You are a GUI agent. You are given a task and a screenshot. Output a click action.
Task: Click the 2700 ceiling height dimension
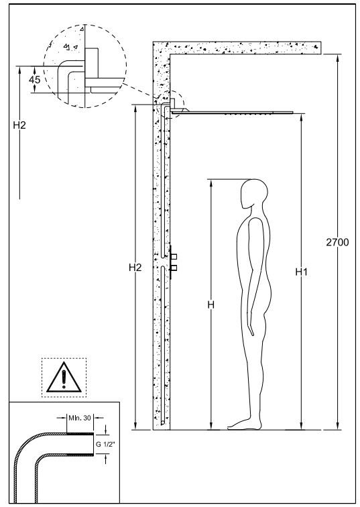pyautogui.click(x=337, y=242)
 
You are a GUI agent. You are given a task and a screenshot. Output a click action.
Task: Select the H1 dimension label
pyautogui.click(x=301, y=272)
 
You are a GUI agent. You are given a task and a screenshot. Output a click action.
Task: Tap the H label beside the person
pyautogui.click(x=211, y=304)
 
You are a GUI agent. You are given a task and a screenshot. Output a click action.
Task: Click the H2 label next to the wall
pyautogui.click(x=135, y=268)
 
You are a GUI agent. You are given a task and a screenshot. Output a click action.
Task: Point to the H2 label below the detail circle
pyautogui.click(x=19, y=125)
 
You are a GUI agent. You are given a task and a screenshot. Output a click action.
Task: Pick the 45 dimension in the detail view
pyautogui.click(x=35, y=80)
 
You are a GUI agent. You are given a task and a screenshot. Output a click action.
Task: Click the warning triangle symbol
pyautogui.click(x=64, y=378)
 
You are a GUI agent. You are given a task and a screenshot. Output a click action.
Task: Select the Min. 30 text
pyautogui.click(x=80, y=418)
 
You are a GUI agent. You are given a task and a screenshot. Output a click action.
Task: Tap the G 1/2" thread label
pyautogui.click(x=105, y=445)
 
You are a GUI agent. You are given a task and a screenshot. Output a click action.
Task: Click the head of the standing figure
pyautogui.click(x=254, y=194)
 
